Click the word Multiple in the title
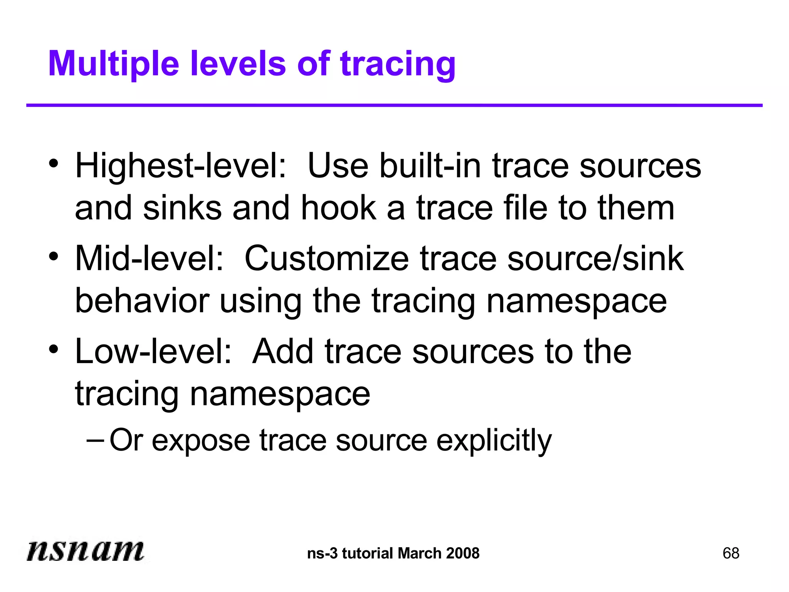click(114, 64)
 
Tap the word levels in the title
click(238, 64)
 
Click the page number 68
click(731, 553)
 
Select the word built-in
click(430, 166)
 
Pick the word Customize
click(327, 259)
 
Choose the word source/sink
click(596, 259)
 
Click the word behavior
click(142, 301)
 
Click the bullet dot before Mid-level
click(54, 256)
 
